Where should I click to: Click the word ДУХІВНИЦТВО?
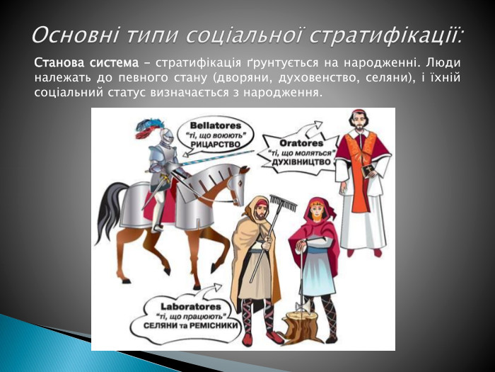pos(297,162)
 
